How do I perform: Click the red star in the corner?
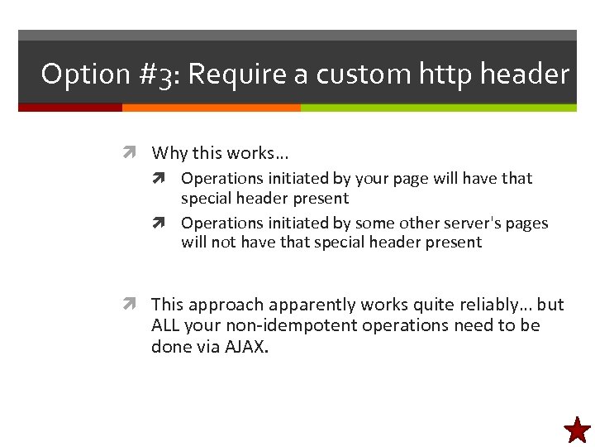pos(578,430)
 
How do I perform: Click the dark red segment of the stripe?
pos(70,108)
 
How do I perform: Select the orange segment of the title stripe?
pos(211,108)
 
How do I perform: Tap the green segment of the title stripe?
pos(438,108)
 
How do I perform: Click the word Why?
pos(169,153)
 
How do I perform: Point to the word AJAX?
pos(246,347)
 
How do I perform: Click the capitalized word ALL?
pos(165,325)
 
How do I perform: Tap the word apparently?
pos(310,305)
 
